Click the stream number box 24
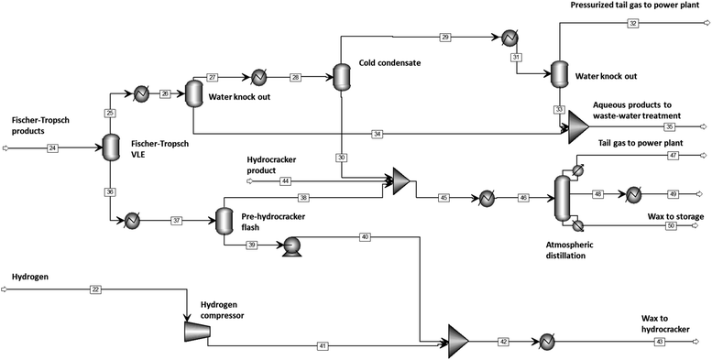pyautogui.click(x=52, y=147)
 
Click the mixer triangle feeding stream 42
pyautogui.click(x=457, y=340)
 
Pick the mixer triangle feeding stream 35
pyautogui.click(x=578, y=126)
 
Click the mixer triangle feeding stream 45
pyautogui.click(x=400, y=181)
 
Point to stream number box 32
pyautogui.click(x=632, y=23)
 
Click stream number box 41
pyautogui.click(x=322, y=346)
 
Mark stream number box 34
pyautogui.click(x=377, y=134)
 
